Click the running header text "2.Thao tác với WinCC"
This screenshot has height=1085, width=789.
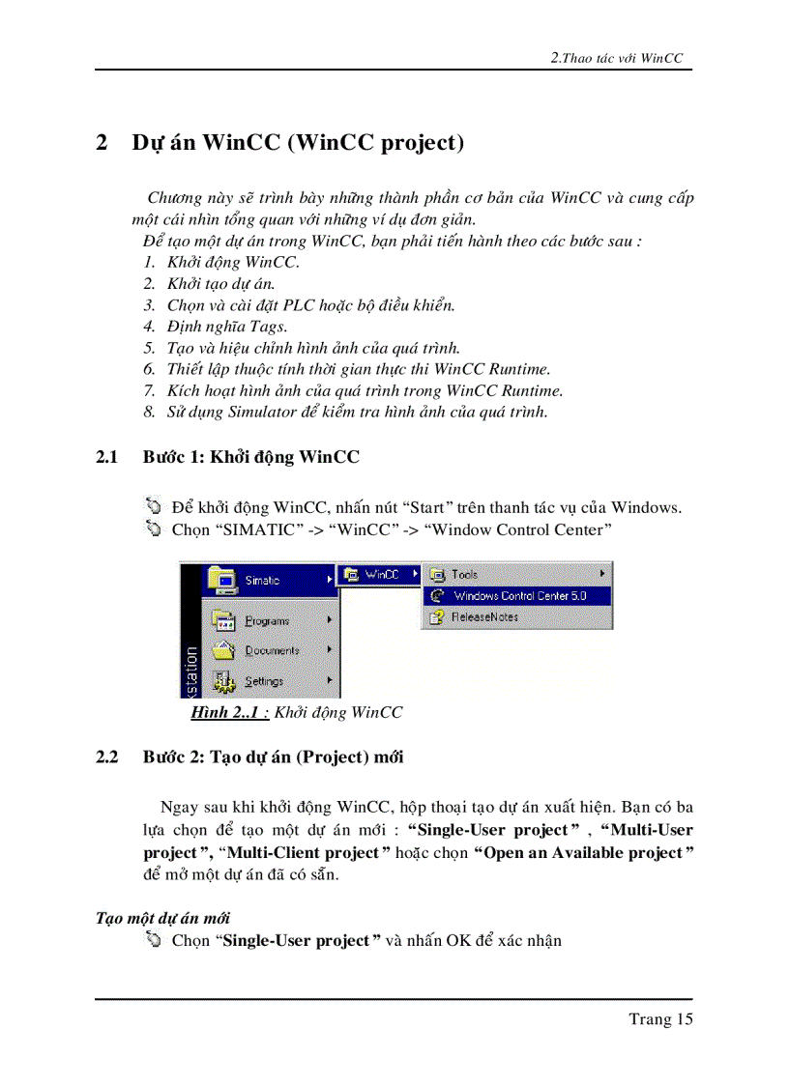(616, 58)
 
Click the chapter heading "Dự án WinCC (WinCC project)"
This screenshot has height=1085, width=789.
(298, 143)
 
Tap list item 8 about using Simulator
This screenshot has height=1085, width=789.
(357, 412)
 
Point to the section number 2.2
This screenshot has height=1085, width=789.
(106, 757)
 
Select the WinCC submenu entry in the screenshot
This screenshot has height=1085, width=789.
(381, 575)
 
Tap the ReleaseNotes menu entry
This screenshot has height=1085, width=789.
(484, 617)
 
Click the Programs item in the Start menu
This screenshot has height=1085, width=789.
(266, 621)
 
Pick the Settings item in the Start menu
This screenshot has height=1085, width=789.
(263, 681)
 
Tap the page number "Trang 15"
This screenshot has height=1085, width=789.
(660, 1018)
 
